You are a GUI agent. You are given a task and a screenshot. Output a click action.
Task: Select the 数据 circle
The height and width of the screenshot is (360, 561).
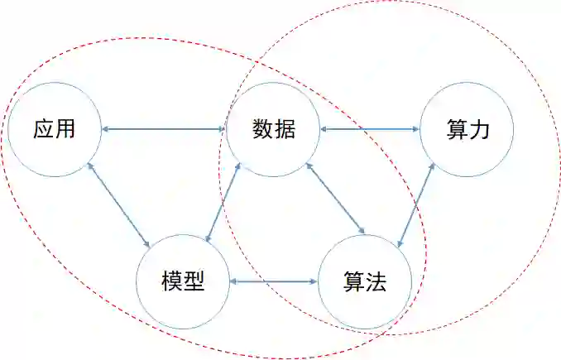point(273,153)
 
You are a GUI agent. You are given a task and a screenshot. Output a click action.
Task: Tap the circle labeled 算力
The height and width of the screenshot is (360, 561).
point(467,153)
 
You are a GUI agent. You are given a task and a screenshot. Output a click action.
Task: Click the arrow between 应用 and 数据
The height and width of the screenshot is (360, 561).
point(163,128)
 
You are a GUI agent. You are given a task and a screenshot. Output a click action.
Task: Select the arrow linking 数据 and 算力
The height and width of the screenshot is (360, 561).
point(370,128)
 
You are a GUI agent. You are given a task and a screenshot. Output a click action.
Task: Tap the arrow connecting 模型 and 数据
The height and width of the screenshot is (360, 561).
point(223,204)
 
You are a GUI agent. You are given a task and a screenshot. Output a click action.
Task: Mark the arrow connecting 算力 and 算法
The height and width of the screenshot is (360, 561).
point(416,204)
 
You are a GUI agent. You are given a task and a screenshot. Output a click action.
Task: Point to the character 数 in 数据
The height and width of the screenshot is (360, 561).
point(262,129)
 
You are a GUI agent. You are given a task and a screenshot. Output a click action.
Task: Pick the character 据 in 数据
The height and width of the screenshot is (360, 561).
point(285,129)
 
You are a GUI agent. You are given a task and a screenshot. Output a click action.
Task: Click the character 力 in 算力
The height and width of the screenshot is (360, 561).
point(479,129)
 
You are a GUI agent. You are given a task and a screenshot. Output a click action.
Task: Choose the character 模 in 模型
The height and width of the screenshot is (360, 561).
point(172,281)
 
